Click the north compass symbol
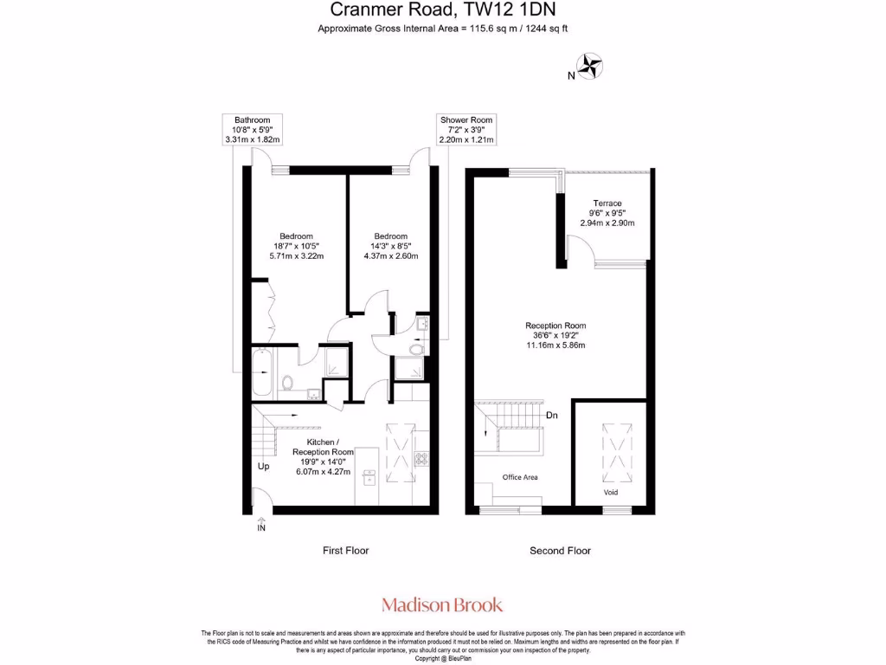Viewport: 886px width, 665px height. coord(591,66)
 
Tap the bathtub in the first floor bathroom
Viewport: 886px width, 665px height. coord(261,373)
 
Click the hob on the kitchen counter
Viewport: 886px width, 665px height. coord(422,458)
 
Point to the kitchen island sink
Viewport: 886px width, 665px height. coord(369,475)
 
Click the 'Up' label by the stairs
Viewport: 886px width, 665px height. coord(264,467)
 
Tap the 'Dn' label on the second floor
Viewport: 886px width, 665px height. coord(551,416)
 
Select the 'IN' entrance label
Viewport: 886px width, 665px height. coord(261,526)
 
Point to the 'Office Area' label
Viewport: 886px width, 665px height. coord(521,477)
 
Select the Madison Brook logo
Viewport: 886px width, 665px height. coord(442,605)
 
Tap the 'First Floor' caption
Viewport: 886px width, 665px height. coord(346,551)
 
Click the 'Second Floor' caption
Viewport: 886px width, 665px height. coord(560,551)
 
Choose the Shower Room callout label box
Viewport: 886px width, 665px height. coord(465,129)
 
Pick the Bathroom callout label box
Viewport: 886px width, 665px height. coord(253,129)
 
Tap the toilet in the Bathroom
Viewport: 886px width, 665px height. coord(286,382)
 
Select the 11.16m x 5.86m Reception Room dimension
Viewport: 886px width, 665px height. coord(555,345)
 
